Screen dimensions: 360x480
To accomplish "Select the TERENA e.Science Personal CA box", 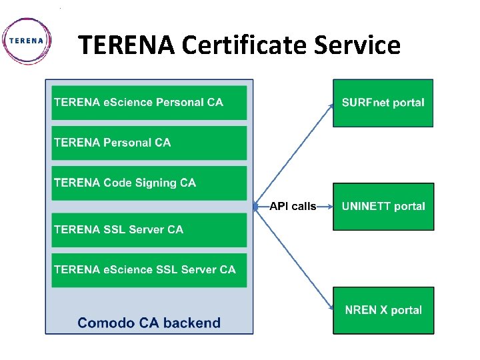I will pyautogui.click(x=149, y=103).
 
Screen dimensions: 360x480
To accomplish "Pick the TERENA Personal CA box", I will pyautogui.click(x=149, y=143).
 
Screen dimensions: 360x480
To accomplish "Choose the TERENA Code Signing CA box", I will pyautogui.click(x=149, y=183).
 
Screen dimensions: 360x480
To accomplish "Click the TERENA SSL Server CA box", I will pyautogui.click(x=149, y=229).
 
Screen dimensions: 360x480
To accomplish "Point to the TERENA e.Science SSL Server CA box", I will pyautogui.click(x=149, y=269).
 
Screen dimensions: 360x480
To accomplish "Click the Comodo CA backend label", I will pyautogui.click(x=149, y=323).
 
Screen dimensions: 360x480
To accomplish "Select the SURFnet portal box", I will pyautogui.click(x=383, y=103).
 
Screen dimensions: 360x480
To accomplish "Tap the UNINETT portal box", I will pyautogui.click(x=383, y=207).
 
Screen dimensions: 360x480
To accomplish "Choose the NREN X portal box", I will pyautogui.click(x=383, y=310).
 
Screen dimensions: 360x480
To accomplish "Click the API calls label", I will pyautogui.click(x=293, y=207).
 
